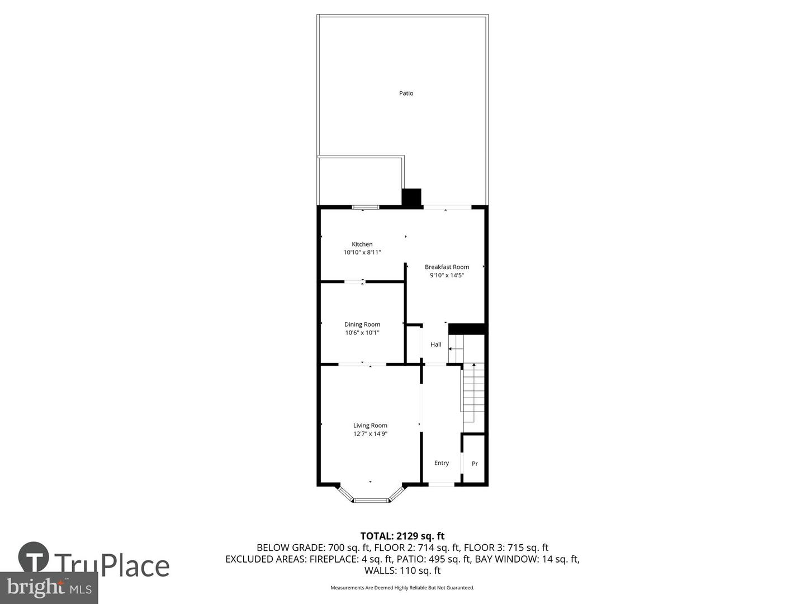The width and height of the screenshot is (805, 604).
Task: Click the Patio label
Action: click(x=406, y=93)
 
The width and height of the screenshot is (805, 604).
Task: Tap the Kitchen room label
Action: click(x=362, y=244)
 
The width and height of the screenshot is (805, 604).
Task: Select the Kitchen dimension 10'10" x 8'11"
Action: click(x=362, y=253)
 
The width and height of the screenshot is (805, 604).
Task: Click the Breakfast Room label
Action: click(x=447, y=267)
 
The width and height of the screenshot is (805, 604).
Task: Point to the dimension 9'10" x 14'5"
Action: click(x=447, y=275)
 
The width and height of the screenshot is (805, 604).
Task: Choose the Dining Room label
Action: click(x=362, y=324)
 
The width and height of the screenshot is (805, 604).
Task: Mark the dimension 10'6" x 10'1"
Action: click(x=362, y=333)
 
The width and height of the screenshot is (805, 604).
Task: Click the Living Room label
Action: click(x=370, y=426)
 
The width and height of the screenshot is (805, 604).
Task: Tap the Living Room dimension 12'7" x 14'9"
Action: click(x=370, y=434)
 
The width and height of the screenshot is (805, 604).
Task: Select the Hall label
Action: click(x=436, y=345)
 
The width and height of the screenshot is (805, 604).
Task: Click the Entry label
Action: click(x=442, y=463)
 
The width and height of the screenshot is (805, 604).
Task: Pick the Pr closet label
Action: click(x=475, y=464)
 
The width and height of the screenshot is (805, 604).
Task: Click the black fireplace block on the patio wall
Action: click(x=411, y=197)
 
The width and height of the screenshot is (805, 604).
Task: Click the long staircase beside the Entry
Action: click(x=473, y=394)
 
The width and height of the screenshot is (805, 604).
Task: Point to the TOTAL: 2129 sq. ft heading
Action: click(x=402, y=536)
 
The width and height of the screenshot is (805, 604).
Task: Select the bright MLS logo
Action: click(x=49, y=588)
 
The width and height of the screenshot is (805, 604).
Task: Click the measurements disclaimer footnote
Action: click(x=402, y=588)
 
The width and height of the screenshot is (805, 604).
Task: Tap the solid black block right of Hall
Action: click(x=467, y=329)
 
